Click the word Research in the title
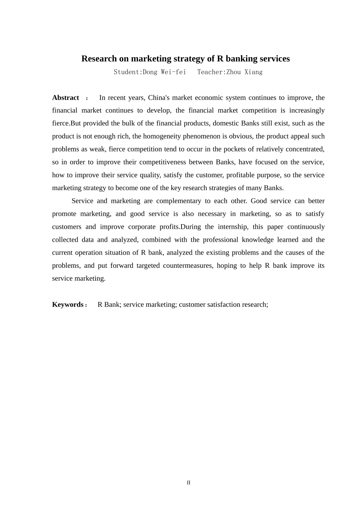(99, 59)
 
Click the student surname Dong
(150, 72)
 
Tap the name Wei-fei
(174, 72)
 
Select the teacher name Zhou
(234, 72)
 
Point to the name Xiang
(254, 72)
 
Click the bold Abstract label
(66, 98)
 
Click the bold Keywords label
(68, 304)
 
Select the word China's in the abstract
(159, 98)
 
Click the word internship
(233, 227)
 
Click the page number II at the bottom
(188, 482)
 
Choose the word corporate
(142, 227)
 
